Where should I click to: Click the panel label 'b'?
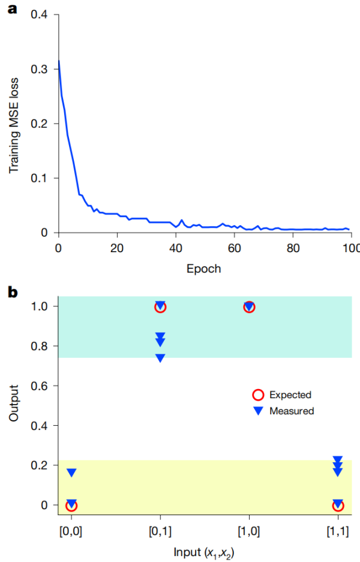[x=11, y=292]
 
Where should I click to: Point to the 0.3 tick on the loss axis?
[x=42, y=69]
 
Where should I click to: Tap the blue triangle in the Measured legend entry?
[x=258, y=411]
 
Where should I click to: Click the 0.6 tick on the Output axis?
[x=42, y=386]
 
